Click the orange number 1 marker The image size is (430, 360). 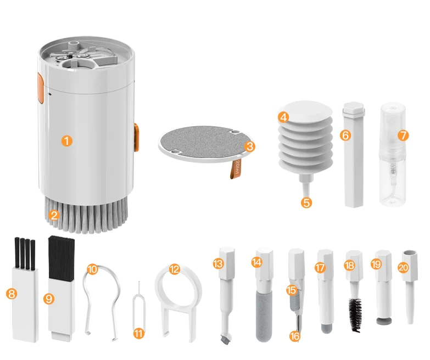tap(66, 141)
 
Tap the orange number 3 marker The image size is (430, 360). tap(250, 147)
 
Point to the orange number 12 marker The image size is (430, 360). tap(175, 269)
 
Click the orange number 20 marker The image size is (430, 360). tap(403, 267)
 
